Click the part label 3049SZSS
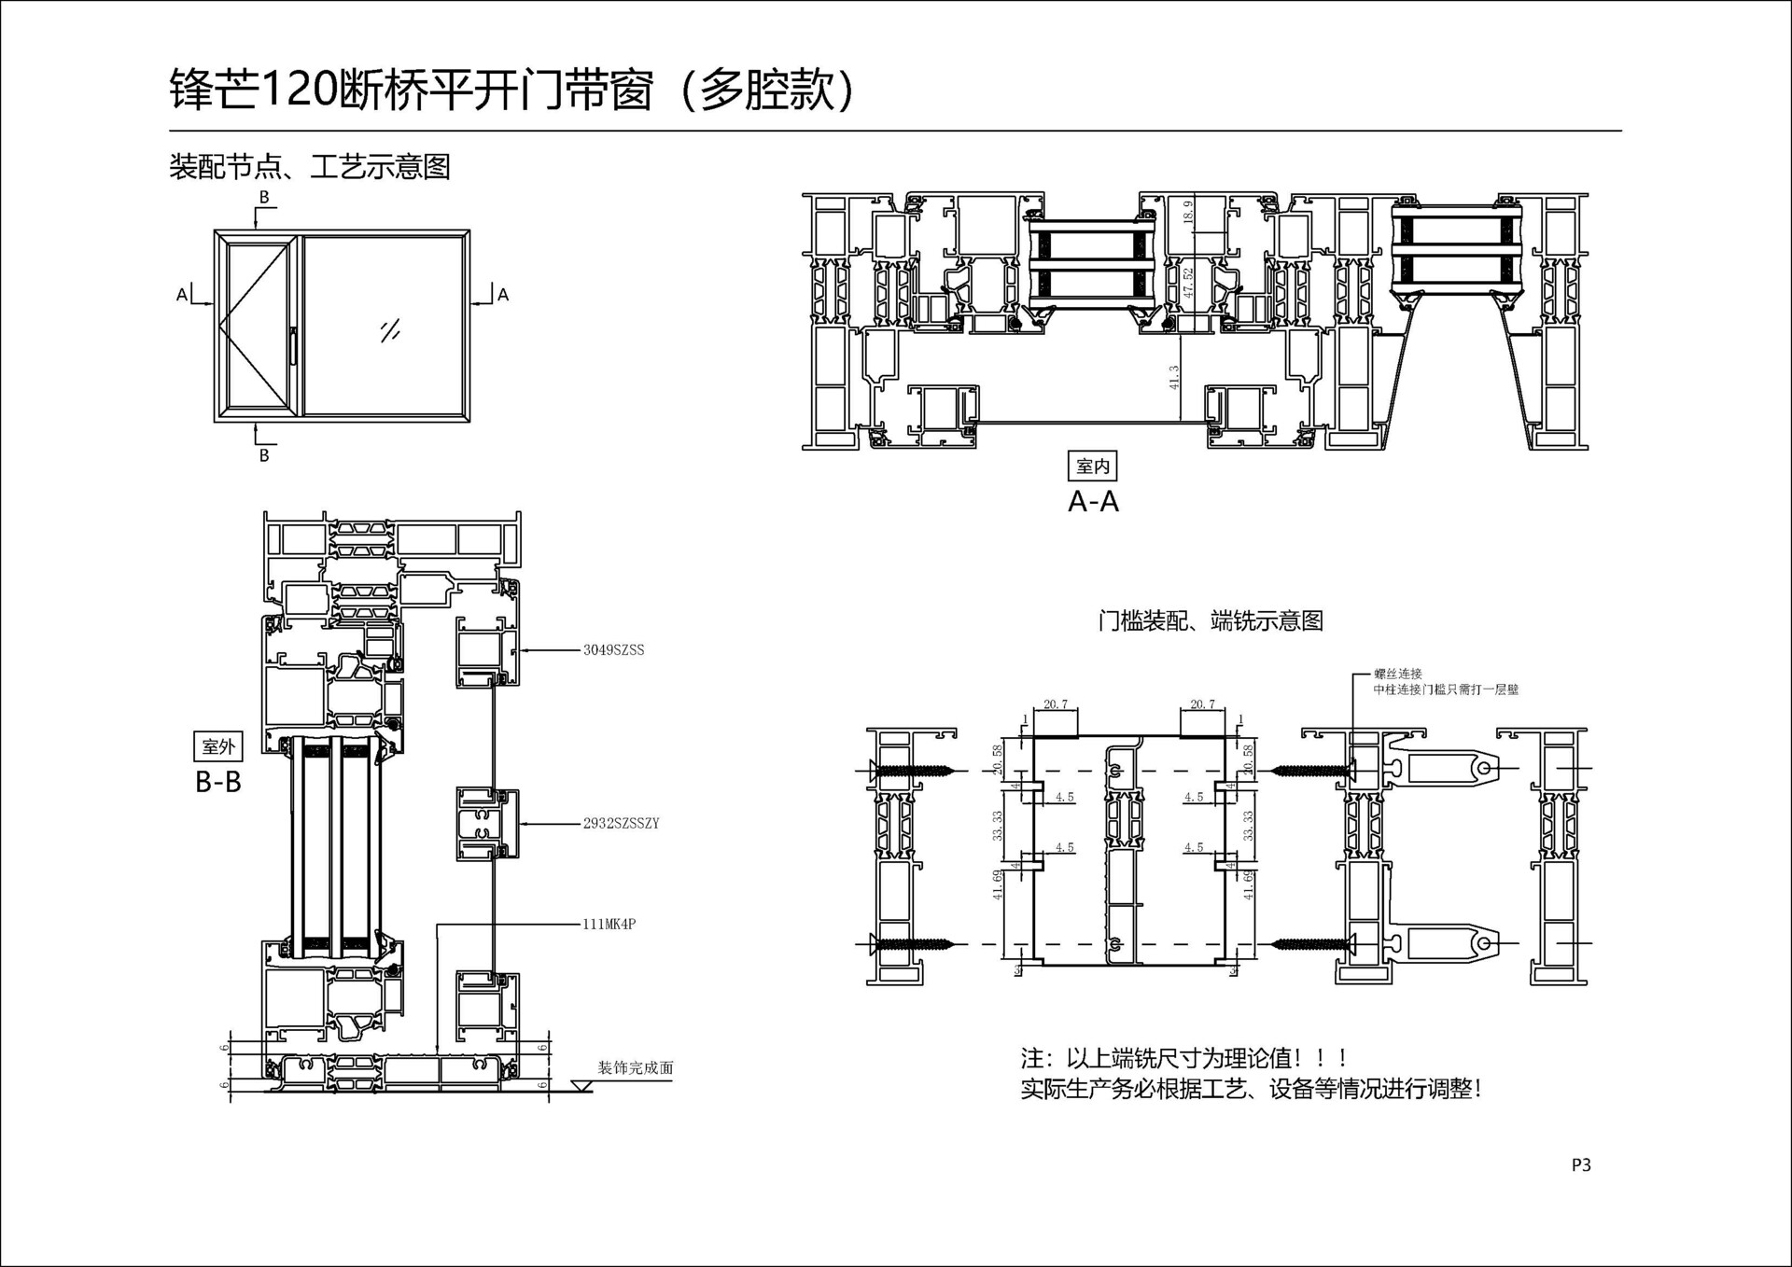[613, 650]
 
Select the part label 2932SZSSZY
[621, 823]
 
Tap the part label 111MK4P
[609, 925]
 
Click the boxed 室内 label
[1092, 466]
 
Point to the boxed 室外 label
[218, 746]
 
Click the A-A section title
[1093, 502]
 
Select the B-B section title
[218, 782]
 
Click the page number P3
[1581, 1164]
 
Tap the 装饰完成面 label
[636, 1067]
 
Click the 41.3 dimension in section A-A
[1174, 377]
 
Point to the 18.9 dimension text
[1187, 212]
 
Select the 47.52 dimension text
[1188, 283]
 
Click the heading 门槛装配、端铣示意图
[1211, 621]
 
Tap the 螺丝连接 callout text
[1397, 674]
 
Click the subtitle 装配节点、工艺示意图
[310, 168]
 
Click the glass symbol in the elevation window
[390, 330]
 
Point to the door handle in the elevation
[293, 345]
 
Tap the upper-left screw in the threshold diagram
[911, 771]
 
